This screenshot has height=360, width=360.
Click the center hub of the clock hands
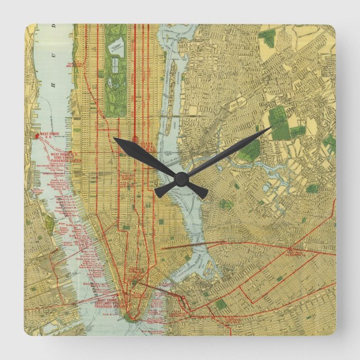tap(180, 179)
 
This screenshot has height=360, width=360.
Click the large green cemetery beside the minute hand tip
tap(280, 124)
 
